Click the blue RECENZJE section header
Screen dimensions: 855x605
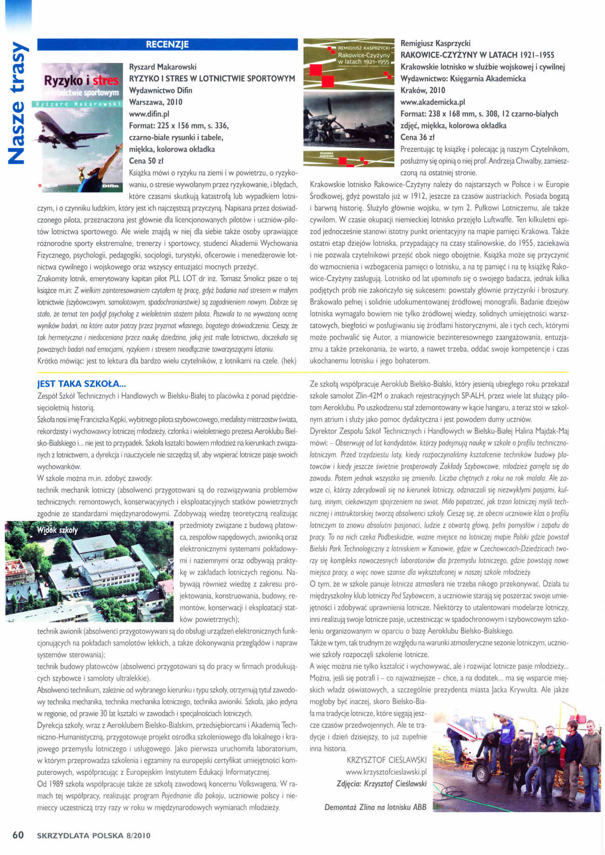click(167, 45)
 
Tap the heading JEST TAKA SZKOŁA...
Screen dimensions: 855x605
click(81, 384)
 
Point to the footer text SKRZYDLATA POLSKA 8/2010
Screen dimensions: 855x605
click(94, 835)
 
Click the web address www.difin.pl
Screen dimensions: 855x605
click(149, 114)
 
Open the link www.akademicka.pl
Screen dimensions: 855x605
click(432, 102)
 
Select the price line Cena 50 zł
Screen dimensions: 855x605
click(146, 161)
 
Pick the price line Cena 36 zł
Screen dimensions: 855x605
click(417, 137)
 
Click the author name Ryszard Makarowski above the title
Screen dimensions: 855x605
click(162, 67)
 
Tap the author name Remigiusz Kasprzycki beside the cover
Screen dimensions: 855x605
click(435, 43)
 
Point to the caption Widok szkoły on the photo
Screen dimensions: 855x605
click(57, 530)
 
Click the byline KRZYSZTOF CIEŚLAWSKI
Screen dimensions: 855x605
click(386, 760)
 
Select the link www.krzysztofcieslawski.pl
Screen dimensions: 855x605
click(386, 772)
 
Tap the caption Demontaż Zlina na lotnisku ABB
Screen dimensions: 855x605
click(375, 807)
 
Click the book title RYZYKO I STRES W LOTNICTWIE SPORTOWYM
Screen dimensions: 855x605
click(212, 79)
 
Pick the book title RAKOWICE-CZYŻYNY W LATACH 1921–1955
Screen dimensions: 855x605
click(477, 55)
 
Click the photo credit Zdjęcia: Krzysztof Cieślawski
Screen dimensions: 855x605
click(381, 784)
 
